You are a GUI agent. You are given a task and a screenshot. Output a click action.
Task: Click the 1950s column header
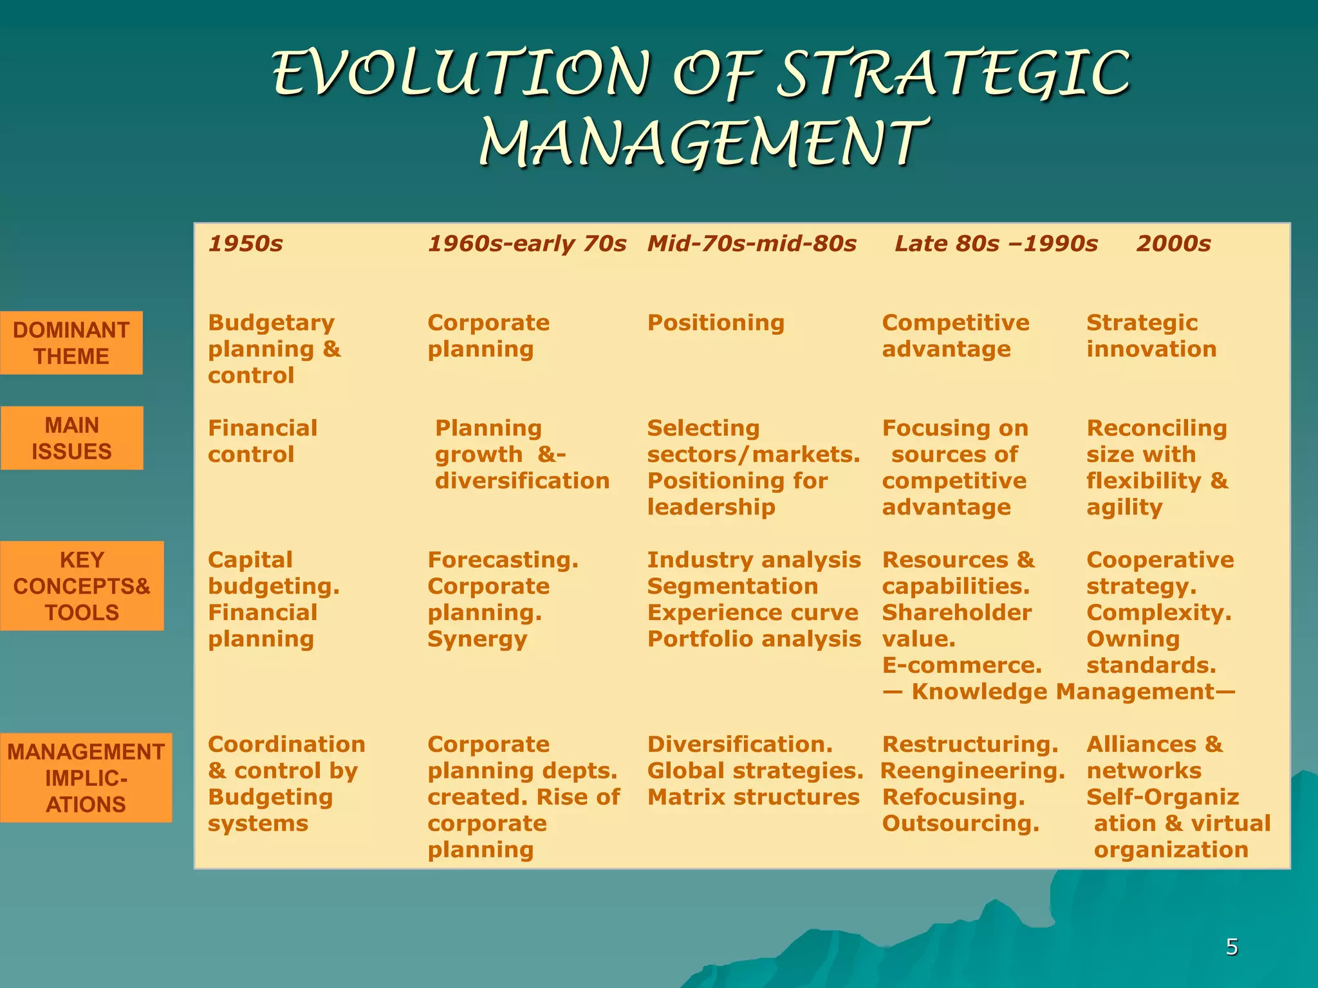(x=245, y=244)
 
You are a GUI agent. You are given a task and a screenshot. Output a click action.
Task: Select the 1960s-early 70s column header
(x=526, y=244)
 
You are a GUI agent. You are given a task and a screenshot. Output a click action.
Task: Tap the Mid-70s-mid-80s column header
(x=752, y=244)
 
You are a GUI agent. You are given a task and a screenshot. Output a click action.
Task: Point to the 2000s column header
(x=1173, y=244)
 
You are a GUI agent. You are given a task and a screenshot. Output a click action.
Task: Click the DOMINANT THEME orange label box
(x=71, y=343)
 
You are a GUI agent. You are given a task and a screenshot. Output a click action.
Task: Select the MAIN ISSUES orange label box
(x=71, y=438)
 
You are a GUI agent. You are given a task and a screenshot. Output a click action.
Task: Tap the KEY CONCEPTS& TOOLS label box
(x=82, y=586)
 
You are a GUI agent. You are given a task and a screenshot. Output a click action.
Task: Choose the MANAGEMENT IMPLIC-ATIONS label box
(x=86, y=778)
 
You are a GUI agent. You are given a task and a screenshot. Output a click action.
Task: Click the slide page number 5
(x=1232, y=947)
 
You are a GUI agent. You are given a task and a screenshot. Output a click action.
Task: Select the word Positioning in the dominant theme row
(x=716, y=323)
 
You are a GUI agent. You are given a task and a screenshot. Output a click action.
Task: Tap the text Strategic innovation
(x=1151, y=336)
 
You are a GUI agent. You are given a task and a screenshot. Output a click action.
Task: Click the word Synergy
(x=477, y=639)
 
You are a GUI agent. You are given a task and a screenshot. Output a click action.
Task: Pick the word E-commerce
(x=961, y=665)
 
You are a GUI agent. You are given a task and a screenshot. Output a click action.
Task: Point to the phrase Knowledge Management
(x=1063, y=691)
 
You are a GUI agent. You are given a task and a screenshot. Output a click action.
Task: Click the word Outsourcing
(x=960, y=823)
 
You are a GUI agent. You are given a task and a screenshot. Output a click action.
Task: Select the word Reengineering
(x=972, y=771)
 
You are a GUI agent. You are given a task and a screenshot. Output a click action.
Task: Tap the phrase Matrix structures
(x=753, y=797)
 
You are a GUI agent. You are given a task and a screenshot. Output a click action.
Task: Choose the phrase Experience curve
(x=752, y=613)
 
